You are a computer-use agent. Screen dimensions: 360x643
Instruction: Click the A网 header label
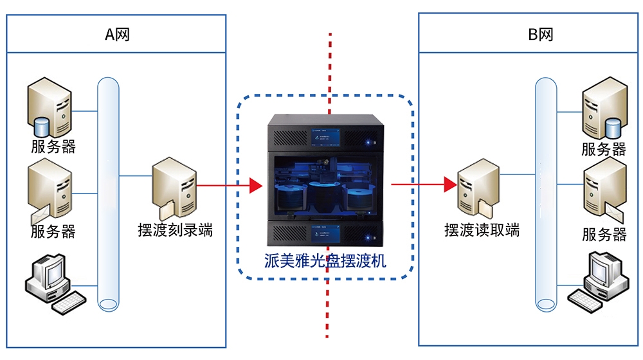click(x=117, y=34)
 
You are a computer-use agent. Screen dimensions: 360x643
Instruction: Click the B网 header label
click(x=540, y=34)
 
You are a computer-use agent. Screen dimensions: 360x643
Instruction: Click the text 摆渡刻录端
click(x=175, y=230)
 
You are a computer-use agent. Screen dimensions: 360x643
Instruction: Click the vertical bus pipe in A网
click(x=109, y=193)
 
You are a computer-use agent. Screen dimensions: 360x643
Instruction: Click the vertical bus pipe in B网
click(x=546, y=193)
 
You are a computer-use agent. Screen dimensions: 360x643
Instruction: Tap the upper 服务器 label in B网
click(x=604, y=149)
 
